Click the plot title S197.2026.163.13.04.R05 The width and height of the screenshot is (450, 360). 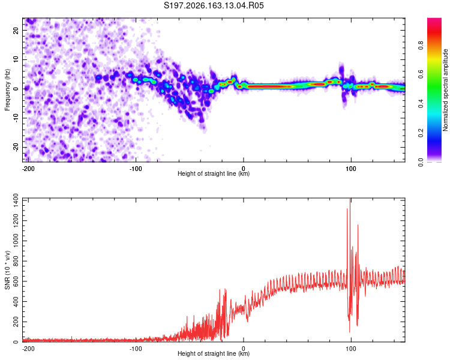click(x=214, y=5)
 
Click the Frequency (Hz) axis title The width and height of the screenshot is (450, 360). click(x=7, y=90)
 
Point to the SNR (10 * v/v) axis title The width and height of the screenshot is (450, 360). click(x=7, y=270)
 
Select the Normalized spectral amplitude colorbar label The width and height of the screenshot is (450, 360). click(x=445, y=90)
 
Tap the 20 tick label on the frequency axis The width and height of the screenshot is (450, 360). click(x=16, y=30)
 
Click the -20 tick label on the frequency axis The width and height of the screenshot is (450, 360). click(x=16, y=146)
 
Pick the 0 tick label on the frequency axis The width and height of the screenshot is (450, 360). click(x=16, y=89)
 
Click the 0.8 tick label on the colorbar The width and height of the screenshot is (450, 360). click(x=421, y=45)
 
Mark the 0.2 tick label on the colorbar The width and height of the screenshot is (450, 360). click(x=421, y=133)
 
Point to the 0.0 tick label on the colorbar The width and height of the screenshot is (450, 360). click(x=421, y=162)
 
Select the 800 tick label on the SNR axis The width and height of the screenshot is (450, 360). click(x=16, y=261)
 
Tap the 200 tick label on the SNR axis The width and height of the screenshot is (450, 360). click(x=16, y=322)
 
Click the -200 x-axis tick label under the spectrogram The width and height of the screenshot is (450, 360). click(x=28, y=169)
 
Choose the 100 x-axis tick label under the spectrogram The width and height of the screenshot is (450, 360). click(x=351, y=169)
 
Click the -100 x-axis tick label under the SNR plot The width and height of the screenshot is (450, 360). click(x=136, y=349)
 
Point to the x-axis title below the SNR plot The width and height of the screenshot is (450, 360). click(x=214, y=353)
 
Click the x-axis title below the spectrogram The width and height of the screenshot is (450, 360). click(x=214, y=173)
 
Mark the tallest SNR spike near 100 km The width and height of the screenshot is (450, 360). click(x=350, y=199)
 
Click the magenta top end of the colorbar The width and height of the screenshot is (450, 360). click(x=434, y=19)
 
